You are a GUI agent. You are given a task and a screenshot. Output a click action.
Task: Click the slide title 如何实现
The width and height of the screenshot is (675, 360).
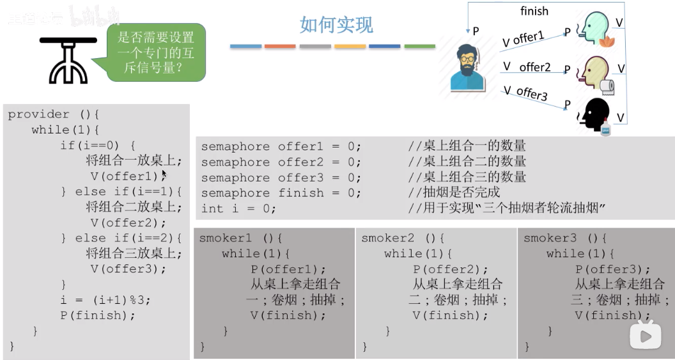pos(336,25)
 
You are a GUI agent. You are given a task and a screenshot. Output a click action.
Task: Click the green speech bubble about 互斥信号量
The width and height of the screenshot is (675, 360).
pos(155,52)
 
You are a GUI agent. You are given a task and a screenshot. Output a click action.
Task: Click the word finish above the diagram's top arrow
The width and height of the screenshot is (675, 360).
pos(534,11)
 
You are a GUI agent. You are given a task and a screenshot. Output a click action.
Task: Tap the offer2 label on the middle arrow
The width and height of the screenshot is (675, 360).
pos(534,67)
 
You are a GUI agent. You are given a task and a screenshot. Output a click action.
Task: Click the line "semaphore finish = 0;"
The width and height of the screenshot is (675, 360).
pos(281,193)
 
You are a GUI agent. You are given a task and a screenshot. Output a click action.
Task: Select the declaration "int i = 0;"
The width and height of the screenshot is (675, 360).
pos(238,208)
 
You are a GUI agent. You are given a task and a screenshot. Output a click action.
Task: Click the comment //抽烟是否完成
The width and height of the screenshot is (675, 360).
pos(454,193)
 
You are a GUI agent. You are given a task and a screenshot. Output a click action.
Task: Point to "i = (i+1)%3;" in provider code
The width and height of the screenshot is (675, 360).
pos(105,299)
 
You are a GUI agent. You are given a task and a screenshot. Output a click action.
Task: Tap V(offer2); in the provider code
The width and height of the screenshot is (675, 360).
pos(128,223)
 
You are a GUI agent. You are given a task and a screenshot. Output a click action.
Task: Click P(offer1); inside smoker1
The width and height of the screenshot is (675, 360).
pos(288,269)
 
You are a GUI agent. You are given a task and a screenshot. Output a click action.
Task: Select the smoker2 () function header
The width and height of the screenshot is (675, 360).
pos(403,238)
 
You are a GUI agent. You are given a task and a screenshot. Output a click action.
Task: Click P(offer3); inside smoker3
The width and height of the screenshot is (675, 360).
pos(612,269)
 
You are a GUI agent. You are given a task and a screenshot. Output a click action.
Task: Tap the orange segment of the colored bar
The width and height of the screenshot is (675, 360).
pos(280,46)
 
